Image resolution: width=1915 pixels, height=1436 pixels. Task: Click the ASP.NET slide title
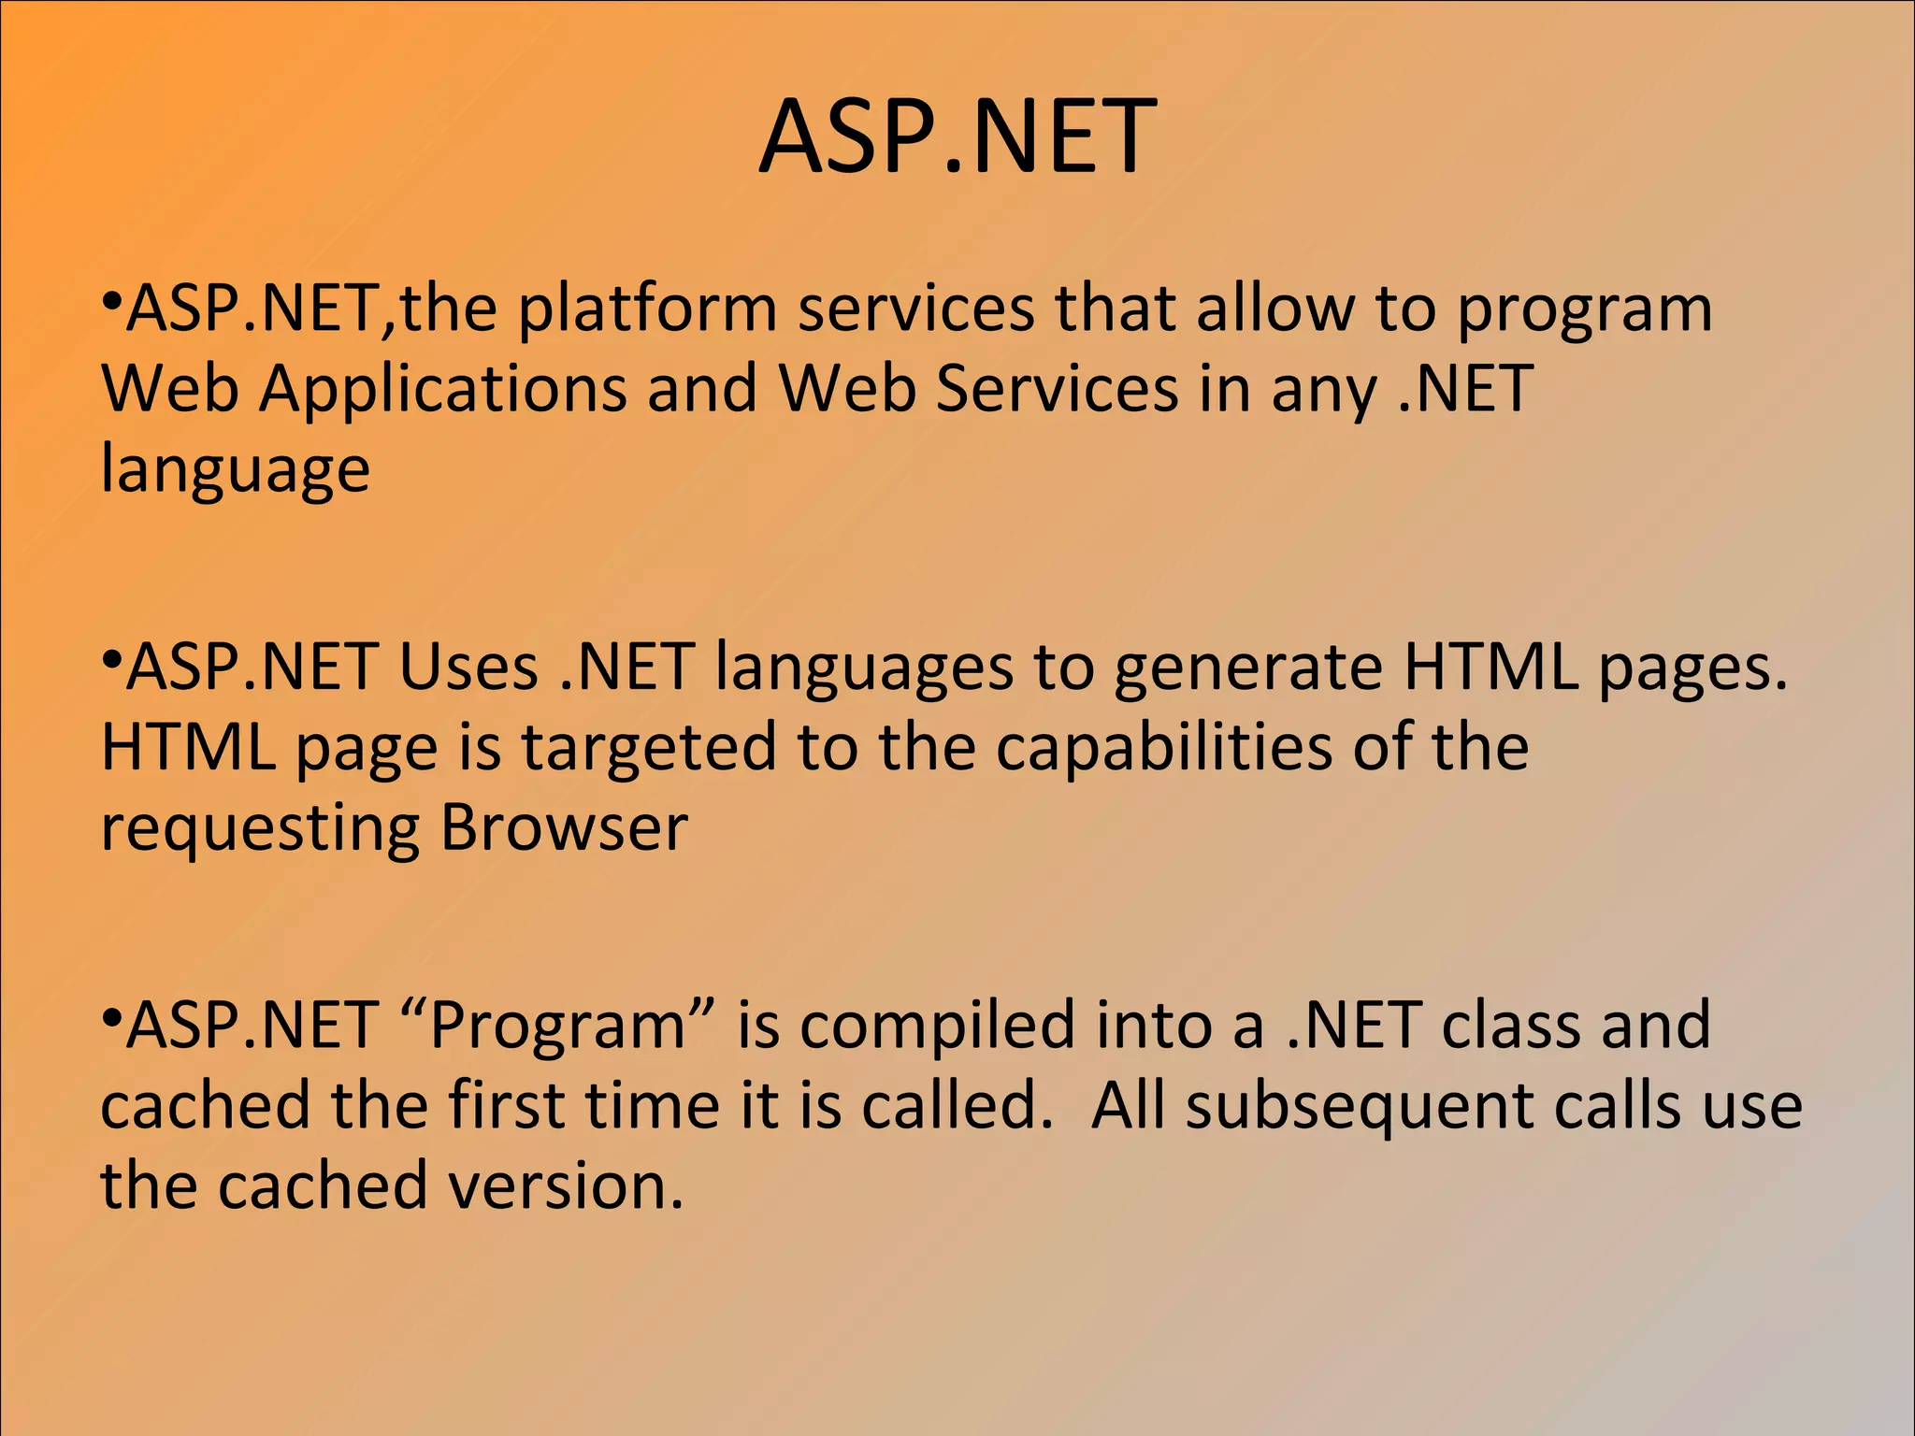click(957, 138)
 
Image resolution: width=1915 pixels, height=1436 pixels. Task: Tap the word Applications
click(442, 389)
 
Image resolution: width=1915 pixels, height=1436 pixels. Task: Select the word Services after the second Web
click(1057, 389)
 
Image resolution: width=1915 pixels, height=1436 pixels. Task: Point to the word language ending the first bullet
click(235, 470)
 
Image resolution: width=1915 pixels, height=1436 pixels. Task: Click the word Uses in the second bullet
click(468, 668)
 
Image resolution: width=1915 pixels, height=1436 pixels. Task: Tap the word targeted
click(648, 749)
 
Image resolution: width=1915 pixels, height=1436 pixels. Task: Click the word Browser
click(564, 828)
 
